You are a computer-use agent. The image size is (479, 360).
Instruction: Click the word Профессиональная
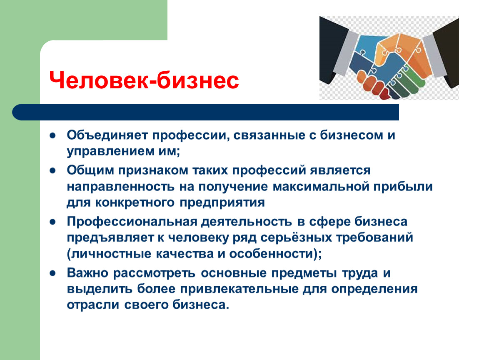click(x=131, y=221)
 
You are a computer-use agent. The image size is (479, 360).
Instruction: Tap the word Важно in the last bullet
click(x=88, y=273)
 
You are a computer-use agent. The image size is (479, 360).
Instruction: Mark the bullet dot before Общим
click(x=53, y=171)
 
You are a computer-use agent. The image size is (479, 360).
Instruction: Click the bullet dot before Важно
click(x=53, y=273)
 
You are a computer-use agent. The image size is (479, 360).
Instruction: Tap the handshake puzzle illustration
click(x=389, y=58)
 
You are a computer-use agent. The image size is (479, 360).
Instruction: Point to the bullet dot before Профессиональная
click(x=53, y=221)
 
